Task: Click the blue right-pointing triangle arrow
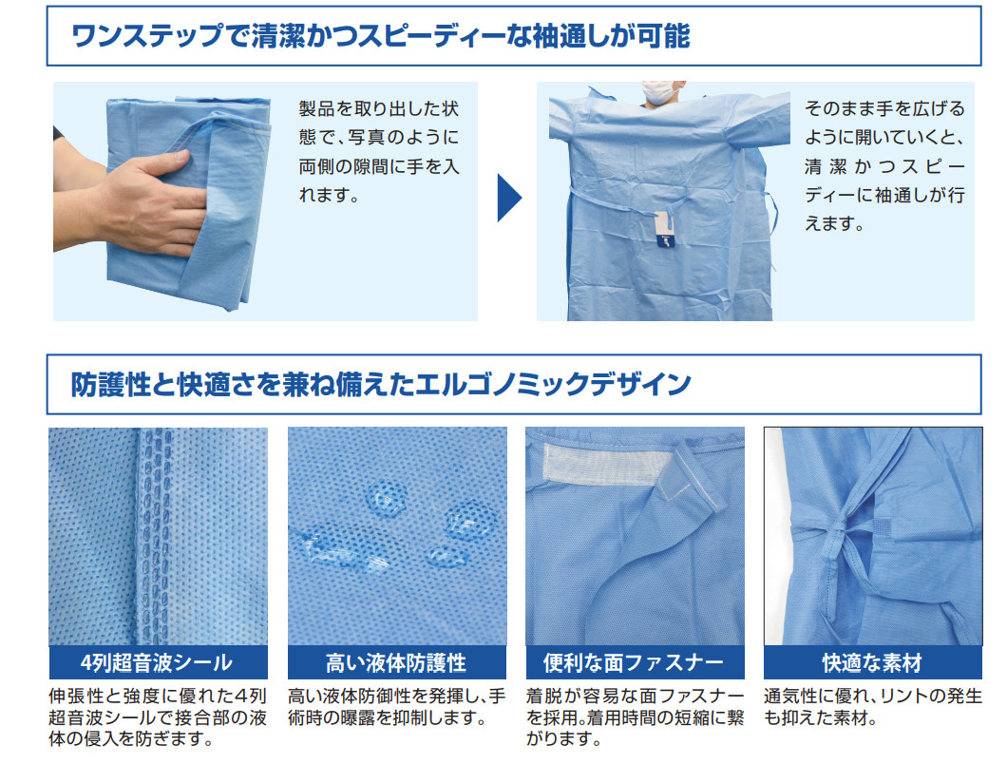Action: (508, 198)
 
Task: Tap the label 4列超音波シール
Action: (157, 662)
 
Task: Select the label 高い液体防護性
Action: (396, 662)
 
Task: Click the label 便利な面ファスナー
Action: (634, 662)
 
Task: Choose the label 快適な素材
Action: (872, 662)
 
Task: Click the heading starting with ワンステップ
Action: (380, 36)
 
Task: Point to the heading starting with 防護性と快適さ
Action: (380, 384)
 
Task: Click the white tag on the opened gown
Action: (664, 228)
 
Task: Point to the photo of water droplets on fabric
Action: (397, 536)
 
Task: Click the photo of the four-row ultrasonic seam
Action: (158, 536)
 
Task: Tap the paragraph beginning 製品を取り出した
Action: (379, 152)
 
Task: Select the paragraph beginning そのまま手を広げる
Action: (884, 165)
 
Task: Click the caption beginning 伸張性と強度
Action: (158, 717)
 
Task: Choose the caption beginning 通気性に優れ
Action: (873, 707)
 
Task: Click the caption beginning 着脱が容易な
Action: (636, 717)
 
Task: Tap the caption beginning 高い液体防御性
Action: (397, 707)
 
